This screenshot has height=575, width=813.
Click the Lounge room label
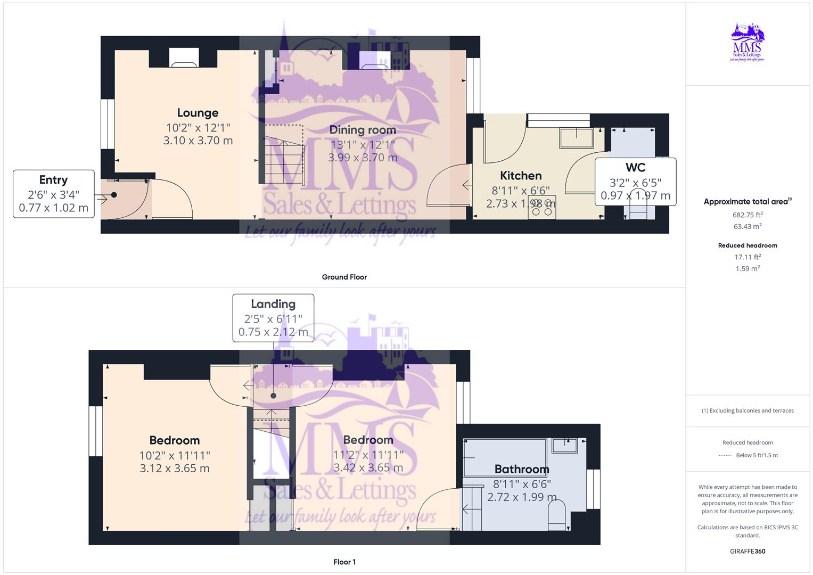[198, 113]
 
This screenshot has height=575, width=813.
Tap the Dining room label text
[363, 130]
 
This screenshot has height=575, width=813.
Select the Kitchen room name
[521, 176]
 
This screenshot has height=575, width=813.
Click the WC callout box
[635, 181]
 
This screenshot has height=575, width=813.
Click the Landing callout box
[273, 318]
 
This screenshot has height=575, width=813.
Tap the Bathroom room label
[521, 469]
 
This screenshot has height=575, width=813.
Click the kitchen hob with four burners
[543, 208]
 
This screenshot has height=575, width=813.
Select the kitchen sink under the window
[576, 138]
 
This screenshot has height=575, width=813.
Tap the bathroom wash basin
[565, 445]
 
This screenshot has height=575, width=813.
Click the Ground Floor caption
[344, 277]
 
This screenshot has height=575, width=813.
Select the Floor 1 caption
[344, 562]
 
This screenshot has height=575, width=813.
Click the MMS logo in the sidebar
[748, 43]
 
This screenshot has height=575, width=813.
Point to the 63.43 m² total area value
[748, 226]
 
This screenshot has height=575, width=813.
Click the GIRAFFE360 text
[748, 551]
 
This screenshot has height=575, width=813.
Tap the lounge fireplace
[184, 58]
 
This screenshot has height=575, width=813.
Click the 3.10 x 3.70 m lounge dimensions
[198, 141]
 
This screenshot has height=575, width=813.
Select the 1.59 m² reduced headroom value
[748, 268]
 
